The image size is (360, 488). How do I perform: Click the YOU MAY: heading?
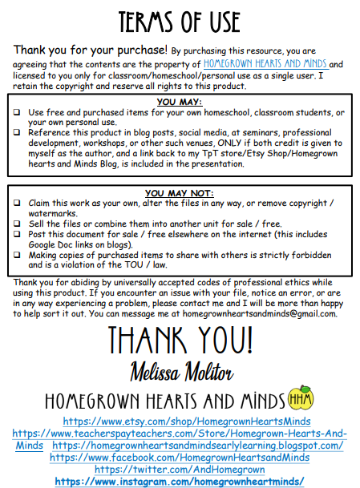180,103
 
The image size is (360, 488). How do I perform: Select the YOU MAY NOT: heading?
180,193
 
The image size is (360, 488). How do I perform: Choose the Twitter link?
180,470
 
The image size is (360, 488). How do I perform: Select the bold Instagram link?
180,481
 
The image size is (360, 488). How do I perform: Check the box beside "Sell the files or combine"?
18,224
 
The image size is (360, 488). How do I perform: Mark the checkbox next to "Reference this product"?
18,133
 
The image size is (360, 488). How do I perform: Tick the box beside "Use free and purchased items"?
18,113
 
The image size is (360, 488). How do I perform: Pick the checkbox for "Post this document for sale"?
18,233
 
